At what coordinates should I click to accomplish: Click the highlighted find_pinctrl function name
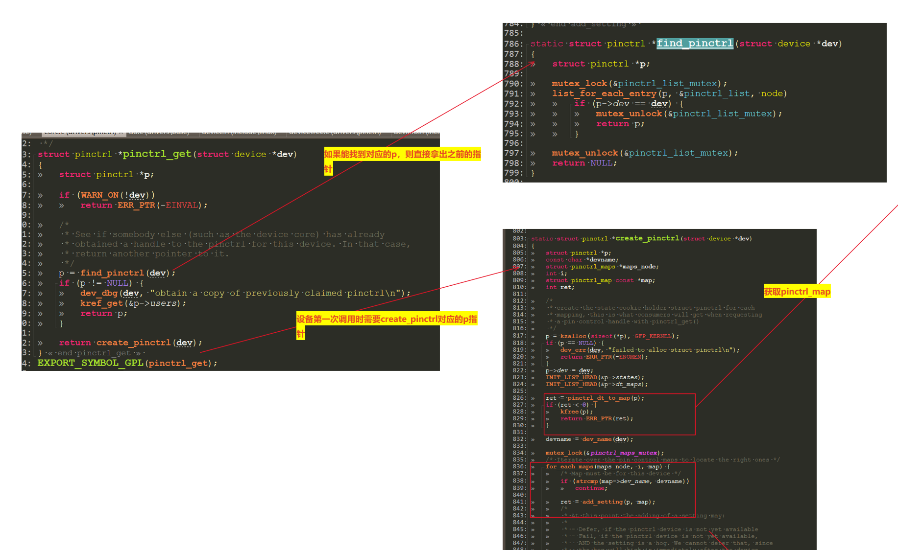pyautogui.click(x=695, y=44)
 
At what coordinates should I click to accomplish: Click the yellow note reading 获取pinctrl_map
pyautogui.click(x=797, y=292)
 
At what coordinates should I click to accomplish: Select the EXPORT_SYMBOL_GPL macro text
pyautogui.click(x=90, y=363)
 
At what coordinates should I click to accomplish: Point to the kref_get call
pyautogui.click(x=101, y=303)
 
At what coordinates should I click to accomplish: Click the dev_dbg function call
pyautogui.click(x=98, y=293)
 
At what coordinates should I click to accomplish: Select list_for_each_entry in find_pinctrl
pyautogui.click(x=604, y=93)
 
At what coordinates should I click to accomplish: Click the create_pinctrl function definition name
pyautogui.click(x=647, y=238)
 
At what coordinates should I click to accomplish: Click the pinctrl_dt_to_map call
pyautogui.click(x=598, y=398)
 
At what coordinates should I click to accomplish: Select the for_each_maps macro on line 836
pyautogui.click(x=569, y=466)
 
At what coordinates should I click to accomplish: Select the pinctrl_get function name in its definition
pyautogui.click(x=157, y=154)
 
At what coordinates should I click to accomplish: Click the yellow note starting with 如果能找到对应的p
pyautogui.click(x=402, y=155)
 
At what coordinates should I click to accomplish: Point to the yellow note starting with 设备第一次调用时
pyautogui.click(x=386, y=320)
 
